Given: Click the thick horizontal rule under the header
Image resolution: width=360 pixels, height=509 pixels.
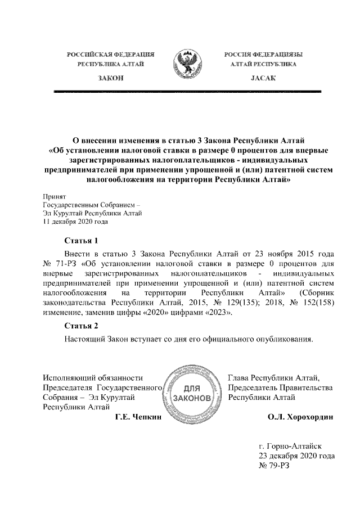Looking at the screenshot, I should [186, 91].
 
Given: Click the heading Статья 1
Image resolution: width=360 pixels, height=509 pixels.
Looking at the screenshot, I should [82, 240].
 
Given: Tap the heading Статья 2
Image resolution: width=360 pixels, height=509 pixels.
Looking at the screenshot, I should [82, 326].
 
